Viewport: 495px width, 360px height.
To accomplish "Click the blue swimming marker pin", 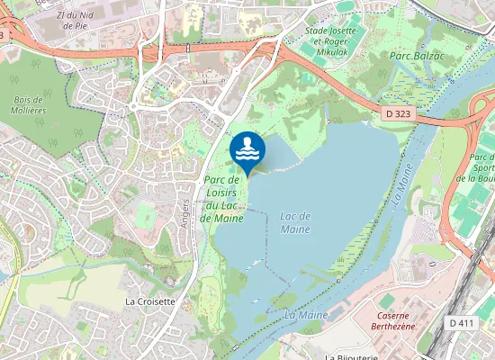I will [247, 150].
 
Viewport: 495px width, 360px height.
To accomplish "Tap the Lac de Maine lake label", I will [295, 222].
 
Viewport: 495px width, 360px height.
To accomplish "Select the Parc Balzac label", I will [418, 56].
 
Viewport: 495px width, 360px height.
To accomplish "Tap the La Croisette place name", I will [149, 301].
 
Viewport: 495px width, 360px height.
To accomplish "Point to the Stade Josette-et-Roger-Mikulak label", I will [333, 40].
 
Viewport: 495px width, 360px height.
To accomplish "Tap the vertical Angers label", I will [186, 211].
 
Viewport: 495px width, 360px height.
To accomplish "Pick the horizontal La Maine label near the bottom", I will [305, 315].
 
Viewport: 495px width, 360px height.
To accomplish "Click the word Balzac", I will [431, 56].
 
